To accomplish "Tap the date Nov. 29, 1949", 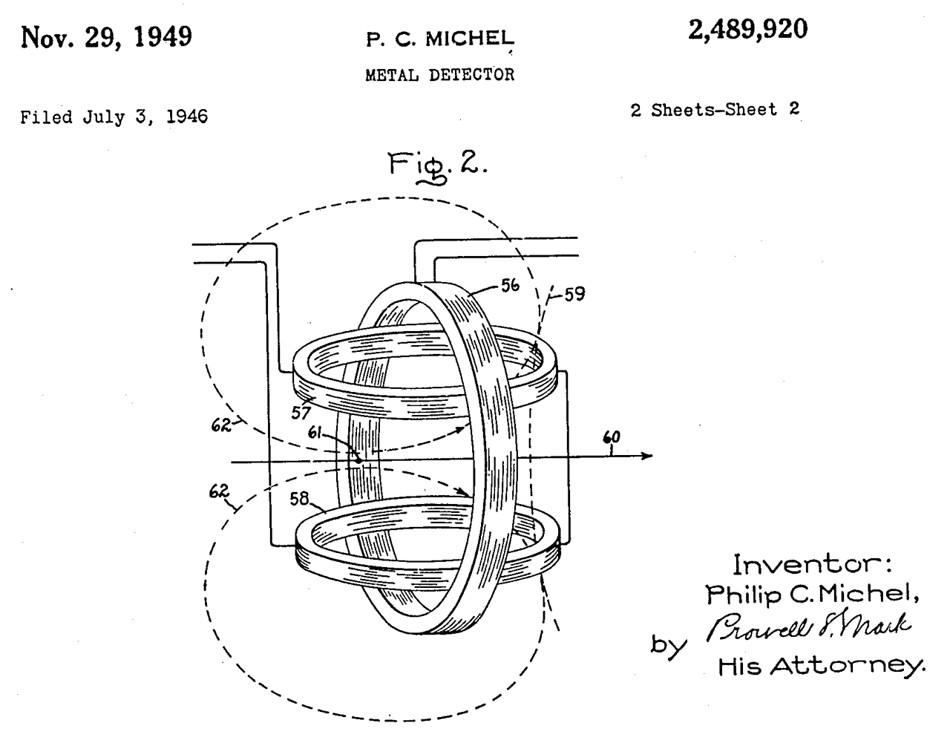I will [x=106, y=36].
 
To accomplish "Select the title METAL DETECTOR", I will [x=439, y=74].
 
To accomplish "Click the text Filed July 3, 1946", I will [x=114, y=117].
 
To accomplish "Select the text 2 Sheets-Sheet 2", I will [x=714, y=110].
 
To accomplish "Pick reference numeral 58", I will [x=300, y=499].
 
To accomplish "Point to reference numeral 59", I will [x=573, y=294].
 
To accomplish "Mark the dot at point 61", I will [x=358, y=460].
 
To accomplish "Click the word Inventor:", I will [x=812, y=565].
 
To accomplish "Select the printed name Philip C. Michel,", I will [x=807, y=593].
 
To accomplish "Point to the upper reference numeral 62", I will [x=222, y=426].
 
